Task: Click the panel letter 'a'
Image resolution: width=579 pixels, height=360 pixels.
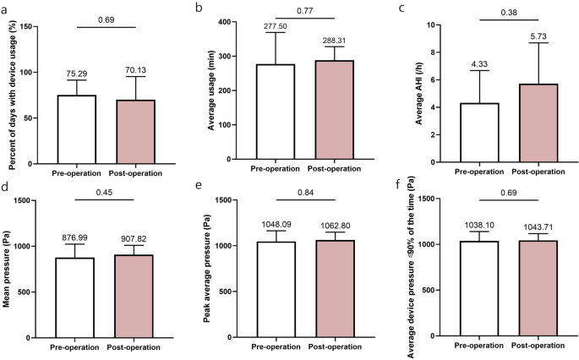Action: [x=5, y=7]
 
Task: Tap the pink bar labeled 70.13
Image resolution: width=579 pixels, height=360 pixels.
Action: [x=132, y=131]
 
